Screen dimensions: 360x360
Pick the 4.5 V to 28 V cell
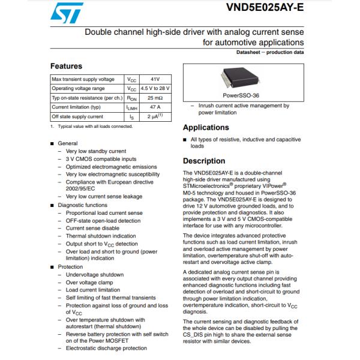(x=155, y=88)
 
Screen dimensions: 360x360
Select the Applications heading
(x=206, y=128)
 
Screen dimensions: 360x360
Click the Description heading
(x=204, y=161)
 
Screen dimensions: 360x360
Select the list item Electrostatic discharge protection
(x=106, y=348)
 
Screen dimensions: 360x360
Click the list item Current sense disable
(x=92, y=228)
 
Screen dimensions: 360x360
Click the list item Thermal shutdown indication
(x=101, y=236)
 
